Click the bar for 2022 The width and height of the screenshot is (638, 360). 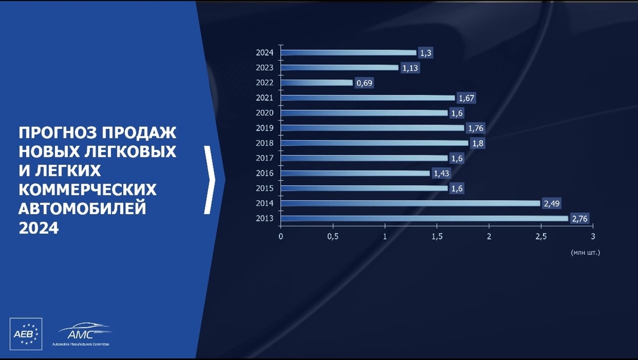317,82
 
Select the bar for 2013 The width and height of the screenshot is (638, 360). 425,218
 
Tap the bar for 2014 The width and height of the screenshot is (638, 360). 410,203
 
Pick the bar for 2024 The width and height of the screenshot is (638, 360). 349,52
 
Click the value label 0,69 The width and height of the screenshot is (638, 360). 364,83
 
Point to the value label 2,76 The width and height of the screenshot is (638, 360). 580,218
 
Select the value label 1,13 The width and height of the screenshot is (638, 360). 410,68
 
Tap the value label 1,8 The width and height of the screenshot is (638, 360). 478,143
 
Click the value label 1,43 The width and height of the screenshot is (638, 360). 442,173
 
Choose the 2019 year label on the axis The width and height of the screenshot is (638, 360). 265,128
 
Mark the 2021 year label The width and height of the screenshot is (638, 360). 265,98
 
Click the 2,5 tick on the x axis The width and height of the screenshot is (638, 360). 541,236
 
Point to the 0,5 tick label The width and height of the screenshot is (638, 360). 333,236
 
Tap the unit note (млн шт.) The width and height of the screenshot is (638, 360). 586,253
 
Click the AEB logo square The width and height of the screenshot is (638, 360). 26,334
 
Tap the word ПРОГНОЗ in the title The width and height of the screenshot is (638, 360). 57,133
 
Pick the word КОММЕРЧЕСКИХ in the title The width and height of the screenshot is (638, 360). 87,190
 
